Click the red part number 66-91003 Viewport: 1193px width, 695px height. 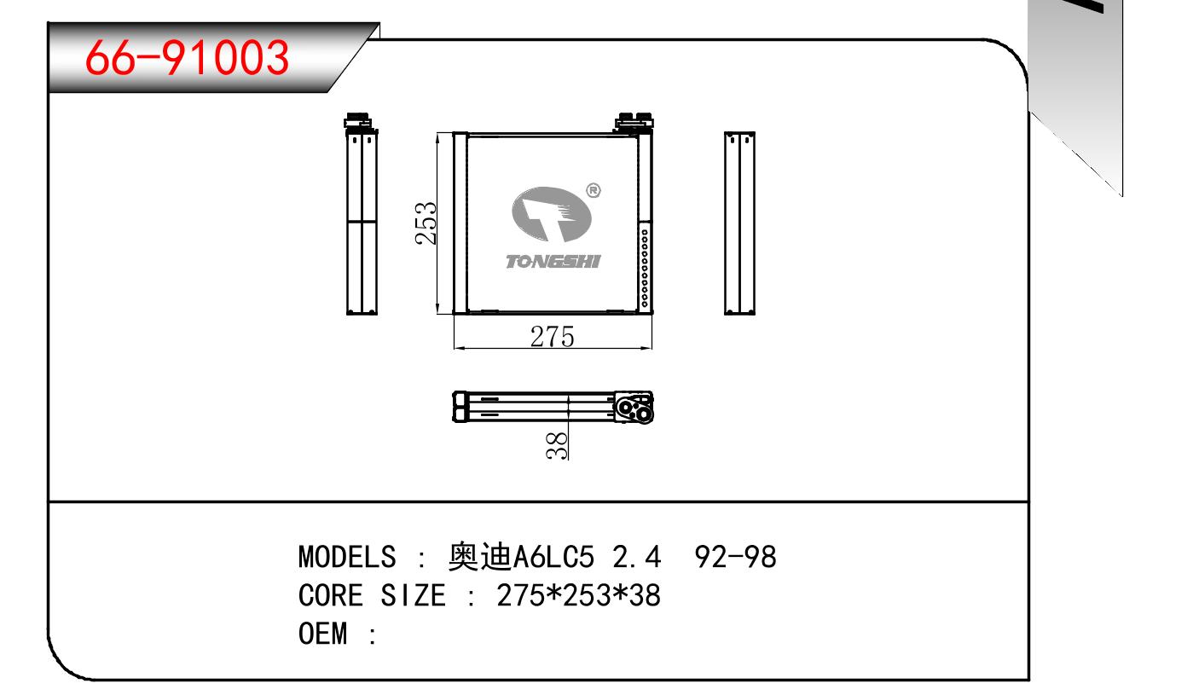pyautogui.click(x=187, y=58)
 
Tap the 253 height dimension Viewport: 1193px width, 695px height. pyautogui.click(x=426, y=223)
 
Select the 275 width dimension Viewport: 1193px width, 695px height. pyautogui.click(x=553, y=337)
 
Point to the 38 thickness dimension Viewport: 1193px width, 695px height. pyautogui.click(x=557, y=446)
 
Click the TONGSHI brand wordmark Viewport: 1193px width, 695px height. pyautogui.click(x=553, y=262)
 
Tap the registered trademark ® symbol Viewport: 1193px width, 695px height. pyautogui.click(x=594, y=190)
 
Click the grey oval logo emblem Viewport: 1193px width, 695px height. pyautogui.click(x=551, y=215)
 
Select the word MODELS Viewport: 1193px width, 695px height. pyautogui.click(x=347, y=557)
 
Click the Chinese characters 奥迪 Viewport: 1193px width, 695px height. pyautogui.click(x=479, y=557)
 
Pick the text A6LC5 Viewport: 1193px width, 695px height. pyautogui.click(x=553, y=557)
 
